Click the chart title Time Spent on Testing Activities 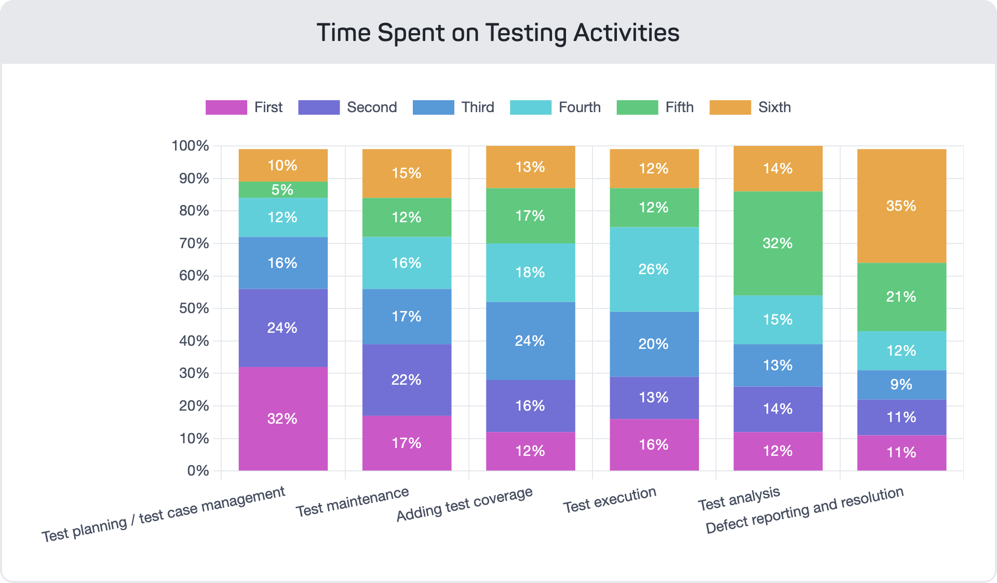497,33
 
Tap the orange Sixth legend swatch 730,107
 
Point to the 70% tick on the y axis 194,243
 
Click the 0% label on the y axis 198,471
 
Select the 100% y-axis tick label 190,146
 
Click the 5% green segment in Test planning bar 283,189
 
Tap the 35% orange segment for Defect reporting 901,206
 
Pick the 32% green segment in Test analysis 778,243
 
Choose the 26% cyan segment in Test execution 654,269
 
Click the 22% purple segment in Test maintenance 407,379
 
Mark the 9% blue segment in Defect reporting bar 901,385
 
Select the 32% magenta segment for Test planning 283,418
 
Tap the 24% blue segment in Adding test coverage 530,341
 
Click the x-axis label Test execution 610,499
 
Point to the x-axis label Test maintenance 353,501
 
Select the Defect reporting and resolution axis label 804,510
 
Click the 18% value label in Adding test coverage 530,272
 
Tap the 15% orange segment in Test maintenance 407,173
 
